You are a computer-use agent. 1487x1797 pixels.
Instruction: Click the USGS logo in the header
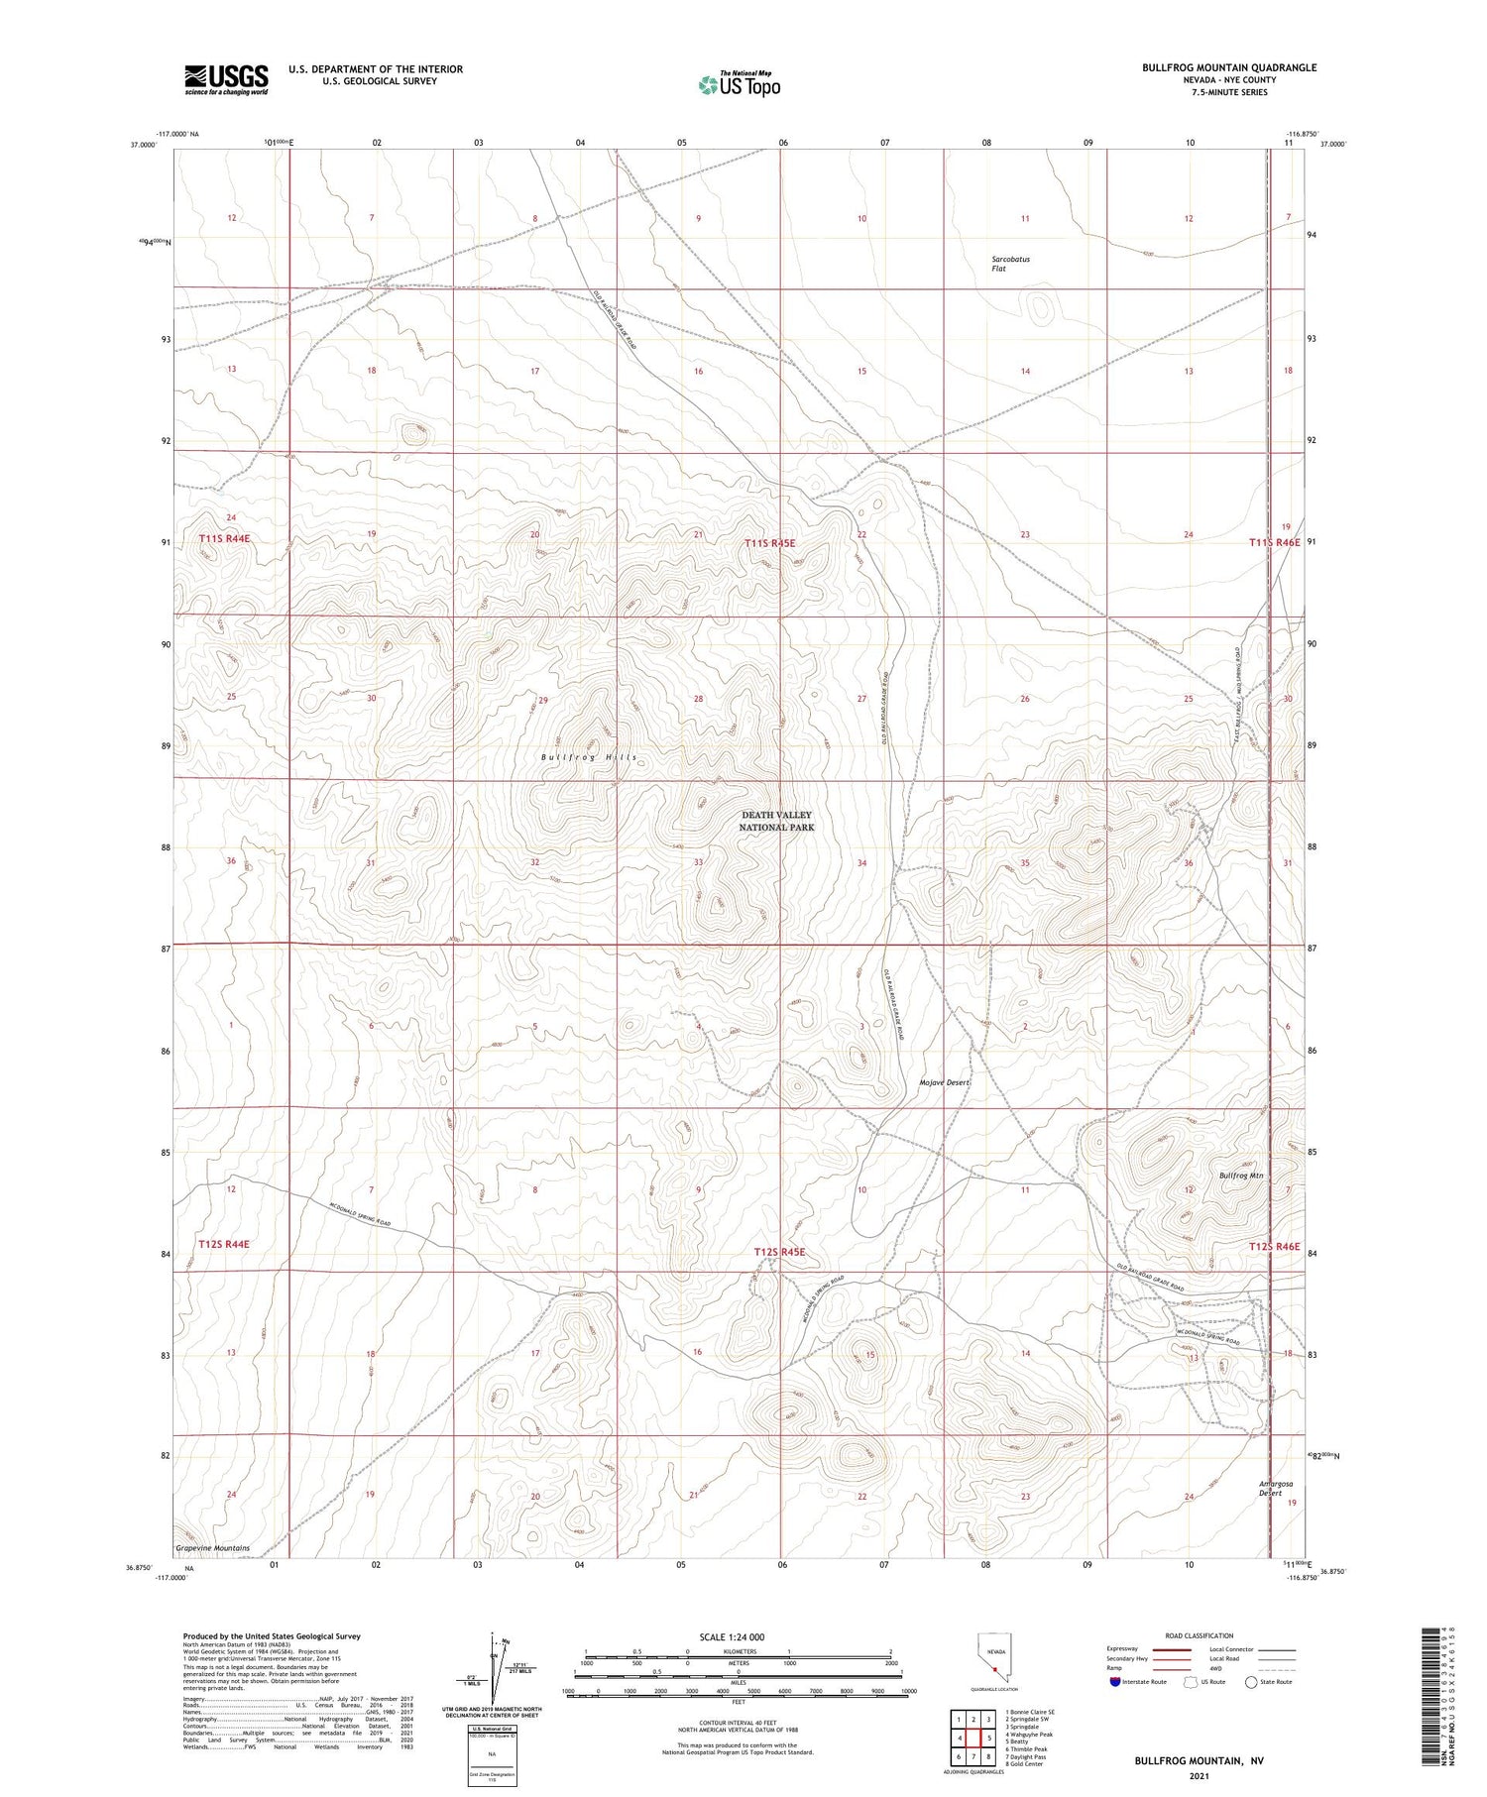(226, 79)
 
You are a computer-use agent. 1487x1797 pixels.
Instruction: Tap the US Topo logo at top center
(739, 85)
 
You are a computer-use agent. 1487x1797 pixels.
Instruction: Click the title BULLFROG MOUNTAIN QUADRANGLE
(1228, 67)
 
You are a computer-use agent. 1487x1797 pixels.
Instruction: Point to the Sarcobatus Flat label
(1010, 264)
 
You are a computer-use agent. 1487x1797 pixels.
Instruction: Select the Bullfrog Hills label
(589, 757)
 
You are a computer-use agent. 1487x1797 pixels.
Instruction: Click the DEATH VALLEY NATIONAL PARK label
(776, 821)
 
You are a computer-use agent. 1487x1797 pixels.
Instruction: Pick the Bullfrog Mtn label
(1241, 1175)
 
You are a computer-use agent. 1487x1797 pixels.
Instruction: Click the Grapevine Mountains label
(212, 1548)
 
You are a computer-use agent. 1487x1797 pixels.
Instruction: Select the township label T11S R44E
(224, 538)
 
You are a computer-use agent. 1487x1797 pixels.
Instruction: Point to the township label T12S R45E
(779, 1253)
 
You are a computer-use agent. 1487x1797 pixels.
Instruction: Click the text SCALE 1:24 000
(732, 1637)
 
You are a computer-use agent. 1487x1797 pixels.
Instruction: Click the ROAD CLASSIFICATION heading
(1199, 1635)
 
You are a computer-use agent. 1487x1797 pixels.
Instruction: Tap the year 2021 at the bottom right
(1200, 1776)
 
